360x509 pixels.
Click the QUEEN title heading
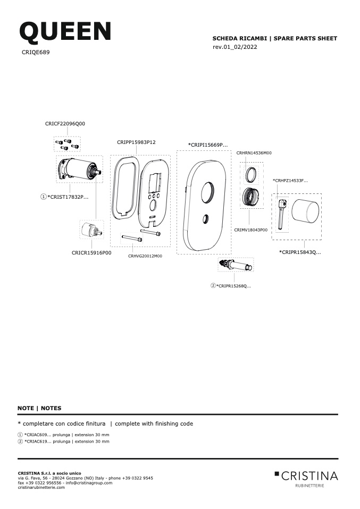click(x=65, y=32)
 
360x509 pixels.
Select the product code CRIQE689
click(x=36, y=52)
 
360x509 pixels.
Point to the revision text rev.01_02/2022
click(x=235, y=47)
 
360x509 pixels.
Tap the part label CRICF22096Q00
click(x=65, y=124)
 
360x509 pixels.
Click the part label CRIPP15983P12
click(x=136, y=142)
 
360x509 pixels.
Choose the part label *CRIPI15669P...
click(x=208, y=145)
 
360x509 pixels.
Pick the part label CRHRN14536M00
click(x=254, y=153)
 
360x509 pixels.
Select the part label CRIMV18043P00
click(x=251, y=230)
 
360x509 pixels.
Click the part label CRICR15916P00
click(x=91, y=253)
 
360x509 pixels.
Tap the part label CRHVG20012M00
click(x=145, y=256)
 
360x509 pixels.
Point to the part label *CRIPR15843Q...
click(x=300, y=252)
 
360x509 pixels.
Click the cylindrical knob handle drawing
click(x=305, y=212)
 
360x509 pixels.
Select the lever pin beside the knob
click(x=281, y=215)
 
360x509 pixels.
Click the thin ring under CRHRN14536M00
click(x=251, y=175)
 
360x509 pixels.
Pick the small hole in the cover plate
click(x=205, y=219)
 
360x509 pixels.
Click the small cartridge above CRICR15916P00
click(x=91, y=230)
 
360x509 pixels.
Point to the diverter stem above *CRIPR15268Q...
click(x=236, y=265)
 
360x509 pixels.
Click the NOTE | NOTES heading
click(x=39, y=409)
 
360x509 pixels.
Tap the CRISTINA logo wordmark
click(x=306, y=476)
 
